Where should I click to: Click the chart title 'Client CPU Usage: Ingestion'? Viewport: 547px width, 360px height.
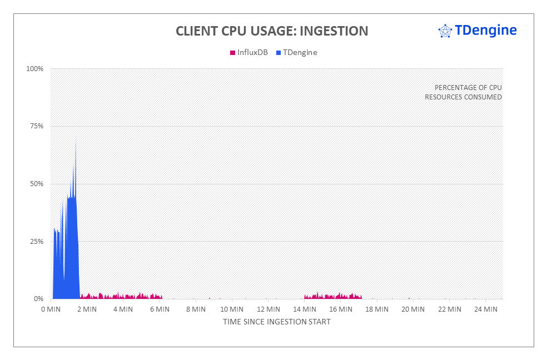coord(272,31)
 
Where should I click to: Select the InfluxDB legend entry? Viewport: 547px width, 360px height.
coord(248,53)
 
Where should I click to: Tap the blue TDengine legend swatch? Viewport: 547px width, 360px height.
coord(279,53)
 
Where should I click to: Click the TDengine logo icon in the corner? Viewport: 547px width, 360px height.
coord(445,31)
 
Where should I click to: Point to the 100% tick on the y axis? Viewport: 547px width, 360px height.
coord(34,69)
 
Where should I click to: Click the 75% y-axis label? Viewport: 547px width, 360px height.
coord(36,126)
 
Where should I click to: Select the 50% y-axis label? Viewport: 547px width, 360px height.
coord(36,184)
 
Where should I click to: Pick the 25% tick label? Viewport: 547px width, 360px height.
coord(36,242)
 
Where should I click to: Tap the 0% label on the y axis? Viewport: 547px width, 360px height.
coord(38,299)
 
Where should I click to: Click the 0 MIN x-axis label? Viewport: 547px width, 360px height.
coord(52,309)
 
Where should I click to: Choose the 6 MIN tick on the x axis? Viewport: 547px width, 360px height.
coord(160,309)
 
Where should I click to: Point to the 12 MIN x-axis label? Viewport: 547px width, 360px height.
coord(268,309)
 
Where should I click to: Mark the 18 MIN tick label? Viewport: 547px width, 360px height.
coord(377,309)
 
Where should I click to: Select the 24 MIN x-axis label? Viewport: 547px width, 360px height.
coord(485,309)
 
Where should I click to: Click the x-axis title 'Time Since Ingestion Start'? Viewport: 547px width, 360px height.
coord(277,322)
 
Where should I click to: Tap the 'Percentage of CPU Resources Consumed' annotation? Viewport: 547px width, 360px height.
coord(464,92)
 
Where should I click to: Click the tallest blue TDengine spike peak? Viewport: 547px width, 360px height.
coord(76,136)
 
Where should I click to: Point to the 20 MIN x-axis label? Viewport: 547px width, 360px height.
coord(413,309)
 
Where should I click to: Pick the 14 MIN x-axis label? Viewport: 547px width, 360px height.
coord(305,309)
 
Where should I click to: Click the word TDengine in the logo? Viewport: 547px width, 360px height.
coord(485,30)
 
